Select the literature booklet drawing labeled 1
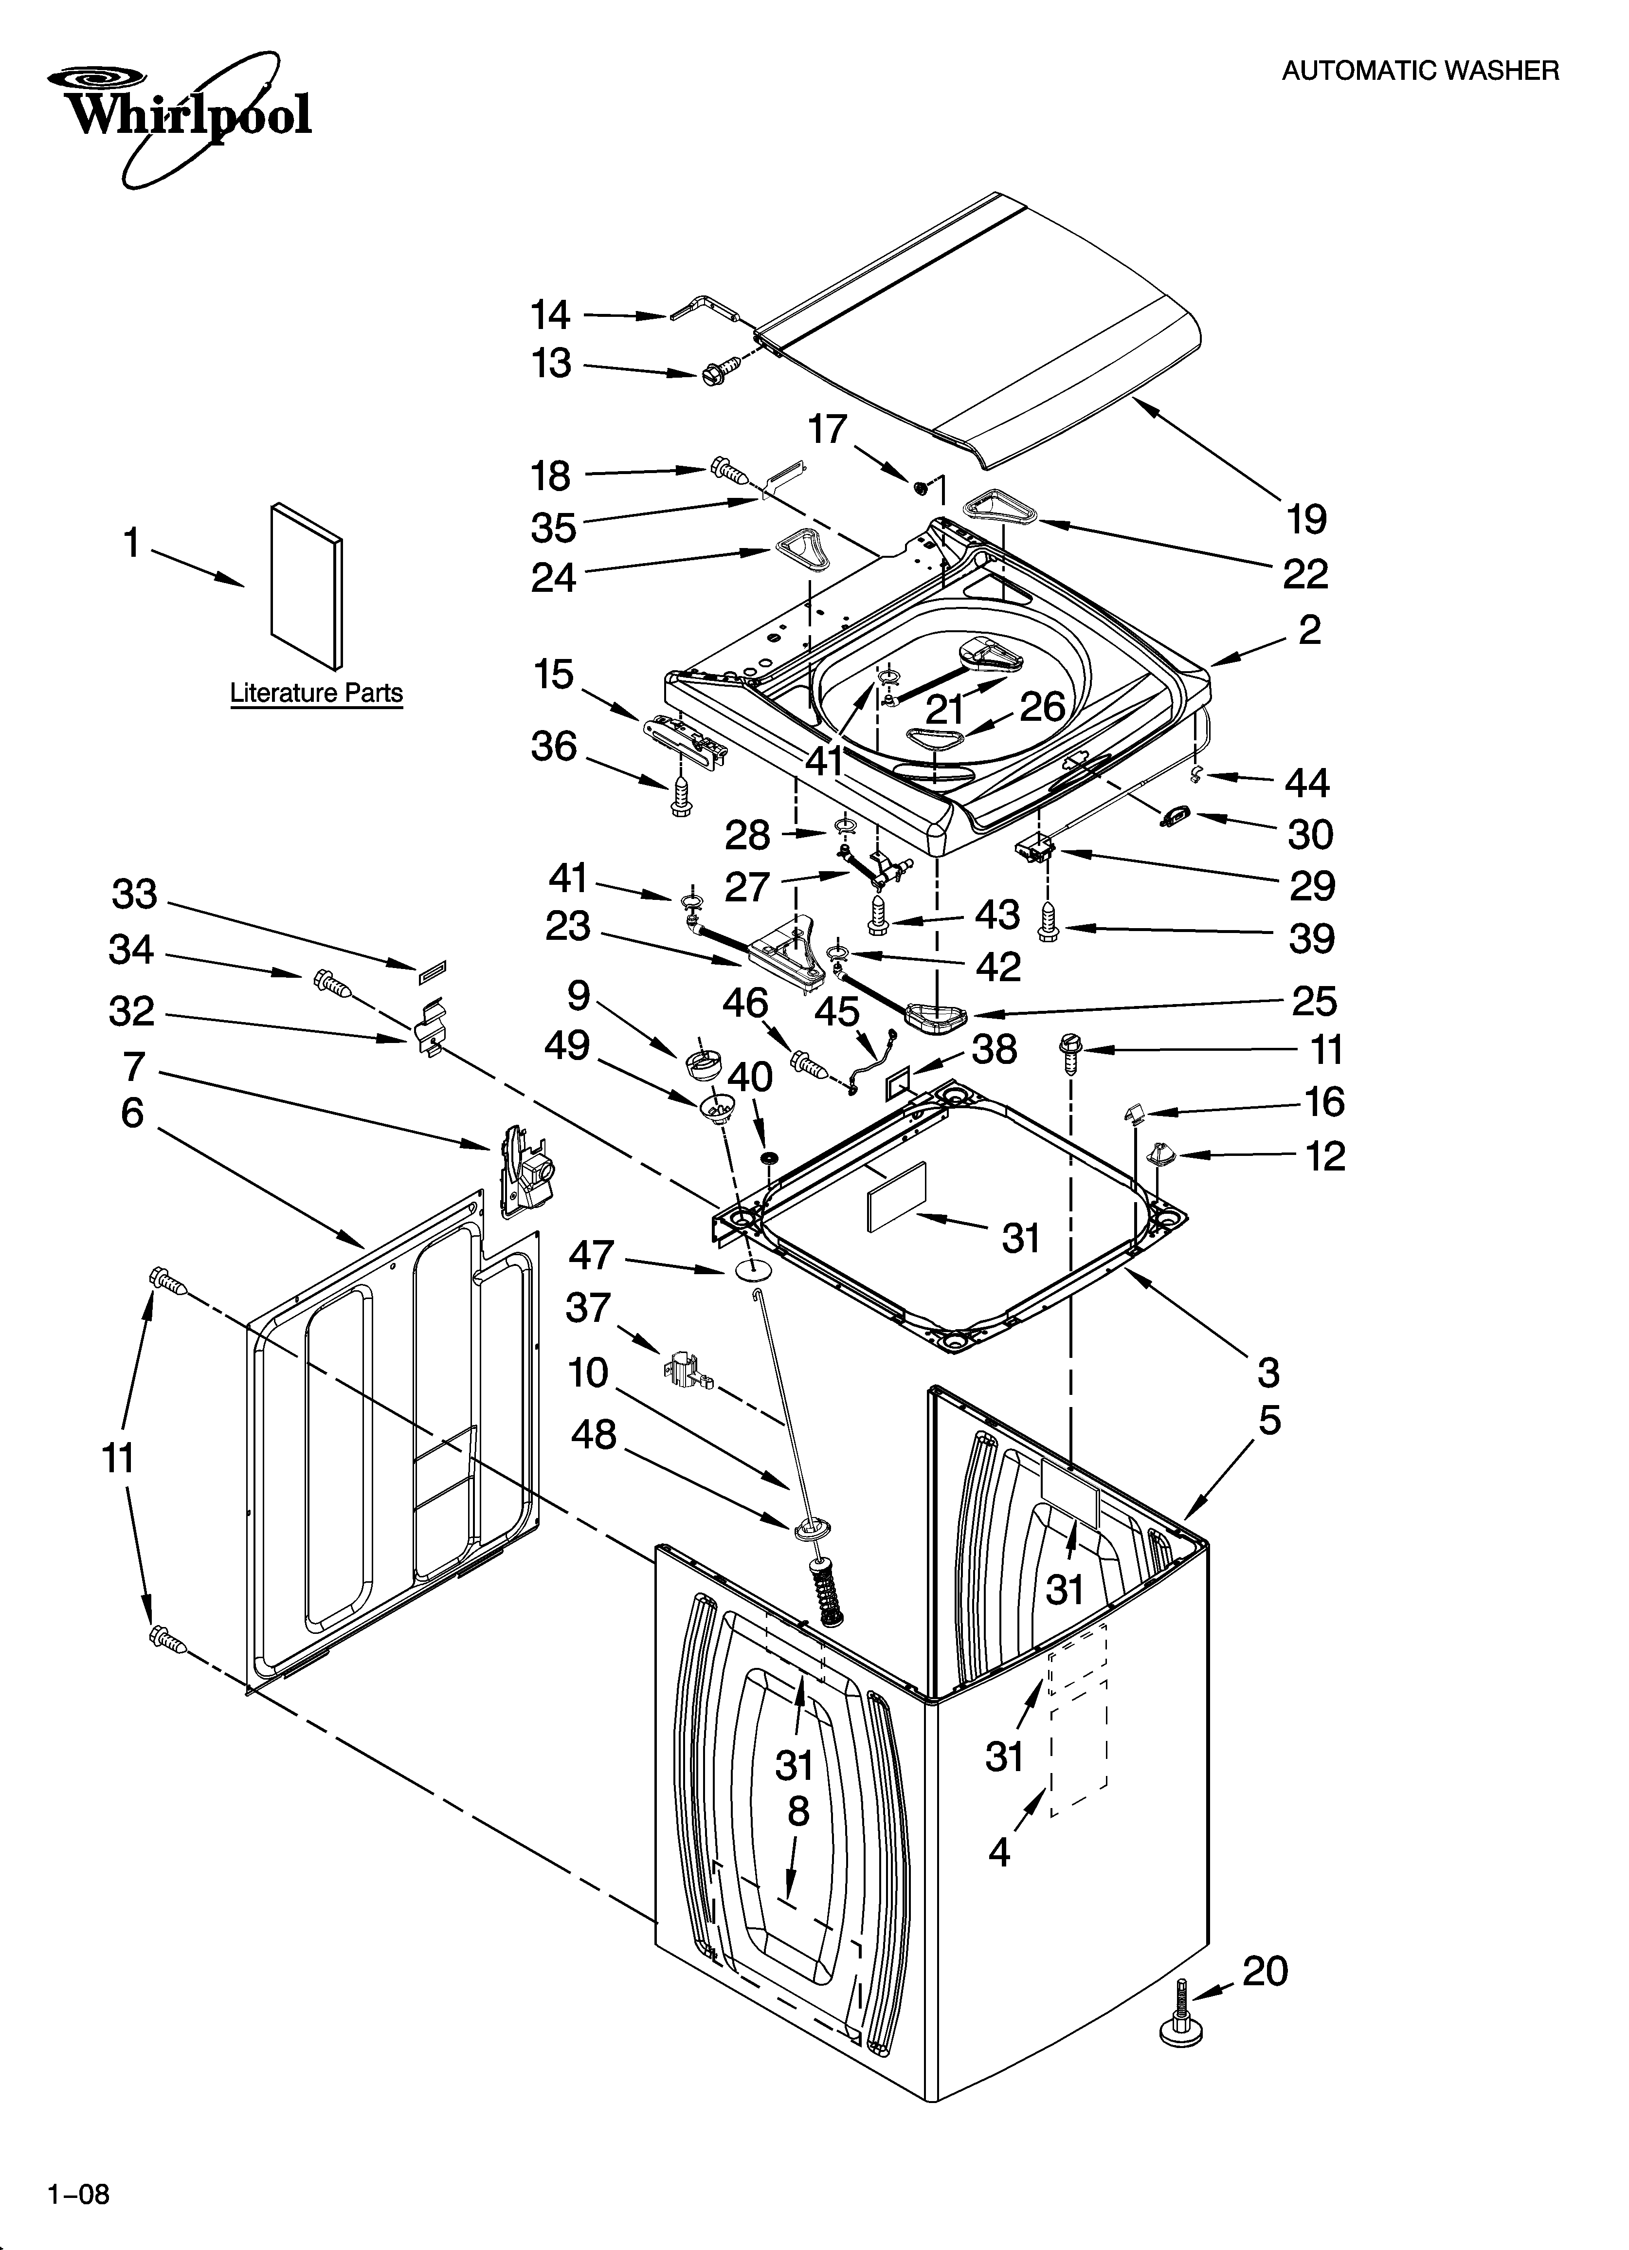click(x=306, y=585)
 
